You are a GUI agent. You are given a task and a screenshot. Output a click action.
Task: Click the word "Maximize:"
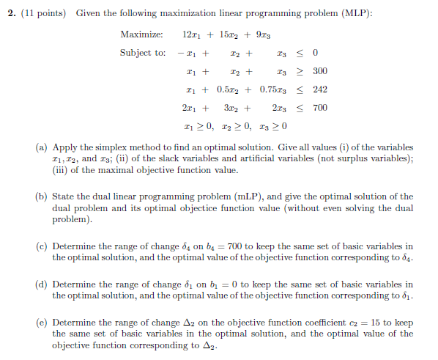[141, 34]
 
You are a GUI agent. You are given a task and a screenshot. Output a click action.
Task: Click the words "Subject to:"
[143, 53]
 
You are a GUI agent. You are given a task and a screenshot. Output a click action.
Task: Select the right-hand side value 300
[319, 71]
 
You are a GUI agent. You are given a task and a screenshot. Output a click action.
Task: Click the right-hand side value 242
[319, 89]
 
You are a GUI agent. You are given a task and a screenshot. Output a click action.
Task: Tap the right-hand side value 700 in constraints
[319, 108]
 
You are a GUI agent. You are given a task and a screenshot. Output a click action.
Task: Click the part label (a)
[42, 147]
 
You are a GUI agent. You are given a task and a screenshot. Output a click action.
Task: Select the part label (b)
[42, 197]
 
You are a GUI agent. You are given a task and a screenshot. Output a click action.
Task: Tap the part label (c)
[42, 246]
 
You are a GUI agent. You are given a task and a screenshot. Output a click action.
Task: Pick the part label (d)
[42, 284]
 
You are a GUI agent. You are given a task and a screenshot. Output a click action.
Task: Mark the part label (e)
[42, 323]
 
